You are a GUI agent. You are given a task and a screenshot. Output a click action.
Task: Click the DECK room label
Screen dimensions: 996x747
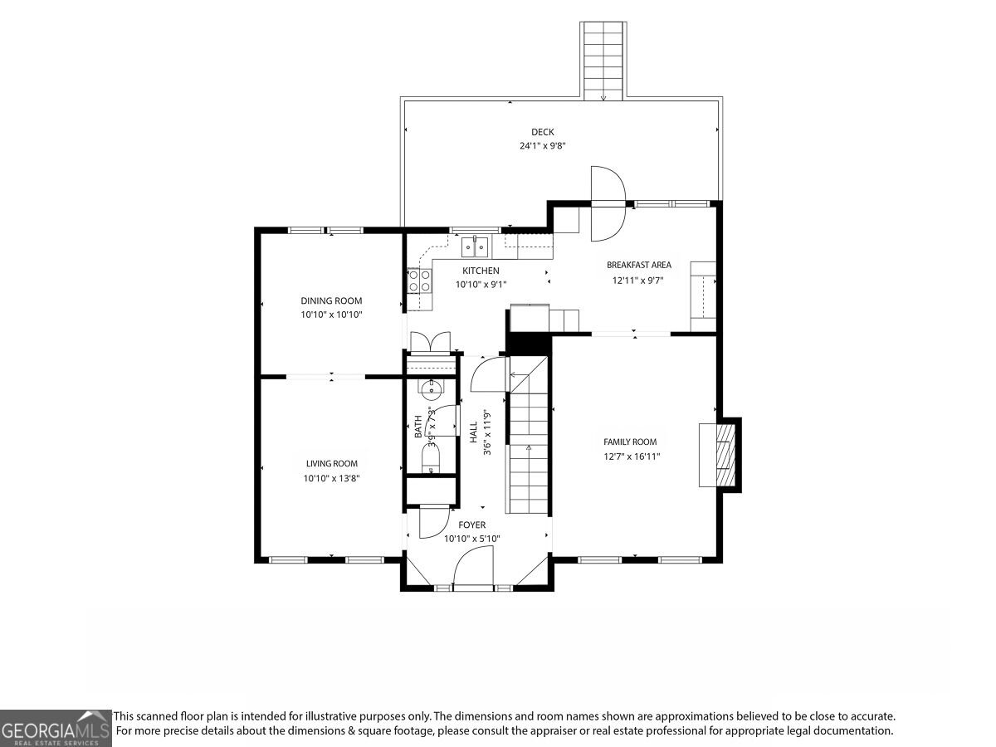542,132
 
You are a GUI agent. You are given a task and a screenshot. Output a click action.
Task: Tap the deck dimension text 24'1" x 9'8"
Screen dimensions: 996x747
542,146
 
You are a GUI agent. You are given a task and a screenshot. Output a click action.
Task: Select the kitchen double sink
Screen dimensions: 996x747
475,247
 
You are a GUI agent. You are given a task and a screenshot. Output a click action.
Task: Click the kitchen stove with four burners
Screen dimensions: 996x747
419,281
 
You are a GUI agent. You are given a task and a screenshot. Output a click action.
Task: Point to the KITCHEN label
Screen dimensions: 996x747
481,271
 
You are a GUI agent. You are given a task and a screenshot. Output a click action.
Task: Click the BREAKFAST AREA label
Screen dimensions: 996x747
638,265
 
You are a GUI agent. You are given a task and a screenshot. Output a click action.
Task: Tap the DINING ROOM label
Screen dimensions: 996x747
331,300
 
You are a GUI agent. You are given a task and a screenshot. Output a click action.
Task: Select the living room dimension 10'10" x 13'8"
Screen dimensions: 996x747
332,478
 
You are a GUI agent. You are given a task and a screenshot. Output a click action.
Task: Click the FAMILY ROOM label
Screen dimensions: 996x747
630,442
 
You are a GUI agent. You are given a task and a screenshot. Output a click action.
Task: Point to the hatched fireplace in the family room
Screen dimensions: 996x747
725,455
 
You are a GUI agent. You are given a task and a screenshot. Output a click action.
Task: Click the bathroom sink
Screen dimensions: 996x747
431,388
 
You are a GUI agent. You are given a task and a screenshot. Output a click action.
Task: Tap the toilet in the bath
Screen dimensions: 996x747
431,458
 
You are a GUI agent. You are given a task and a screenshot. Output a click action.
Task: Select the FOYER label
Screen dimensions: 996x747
472,525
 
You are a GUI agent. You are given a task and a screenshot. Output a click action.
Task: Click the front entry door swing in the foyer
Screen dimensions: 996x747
473,568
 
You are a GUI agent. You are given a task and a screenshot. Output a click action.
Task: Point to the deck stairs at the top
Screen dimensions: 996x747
603,61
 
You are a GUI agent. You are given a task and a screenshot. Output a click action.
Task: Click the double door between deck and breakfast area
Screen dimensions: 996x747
608,203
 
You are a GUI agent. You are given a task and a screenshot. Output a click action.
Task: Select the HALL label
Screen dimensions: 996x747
474,432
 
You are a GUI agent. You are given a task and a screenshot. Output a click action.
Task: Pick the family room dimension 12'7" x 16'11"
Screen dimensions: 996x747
632,456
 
